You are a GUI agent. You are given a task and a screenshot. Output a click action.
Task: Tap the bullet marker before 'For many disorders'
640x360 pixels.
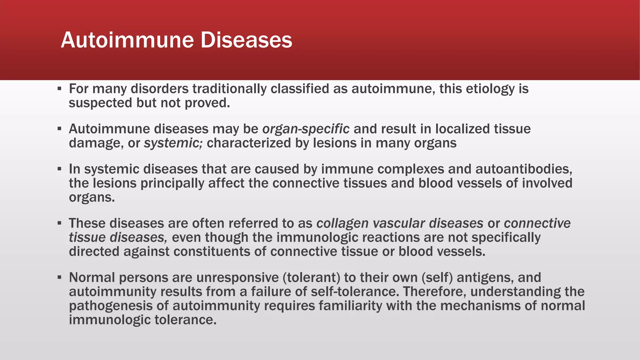point(59,89)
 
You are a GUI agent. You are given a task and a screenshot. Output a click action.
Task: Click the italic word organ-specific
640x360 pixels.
point(306,129)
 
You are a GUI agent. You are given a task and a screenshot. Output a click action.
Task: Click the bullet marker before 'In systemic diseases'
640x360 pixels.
point(59,169)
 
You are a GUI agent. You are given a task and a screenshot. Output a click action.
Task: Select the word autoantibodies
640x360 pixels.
point(524,169)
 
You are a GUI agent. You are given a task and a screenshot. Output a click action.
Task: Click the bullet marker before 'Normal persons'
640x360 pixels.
point(59,277)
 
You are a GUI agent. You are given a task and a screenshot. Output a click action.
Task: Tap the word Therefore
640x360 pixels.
point(435,292)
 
